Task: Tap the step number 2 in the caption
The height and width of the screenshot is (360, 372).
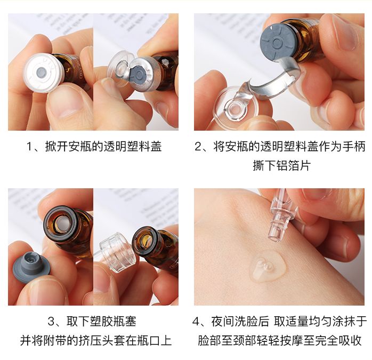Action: point(198,147)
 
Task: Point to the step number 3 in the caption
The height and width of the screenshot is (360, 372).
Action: point(52,322)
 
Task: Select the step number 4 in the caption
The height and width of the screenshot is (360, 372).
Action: point(197,322)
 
